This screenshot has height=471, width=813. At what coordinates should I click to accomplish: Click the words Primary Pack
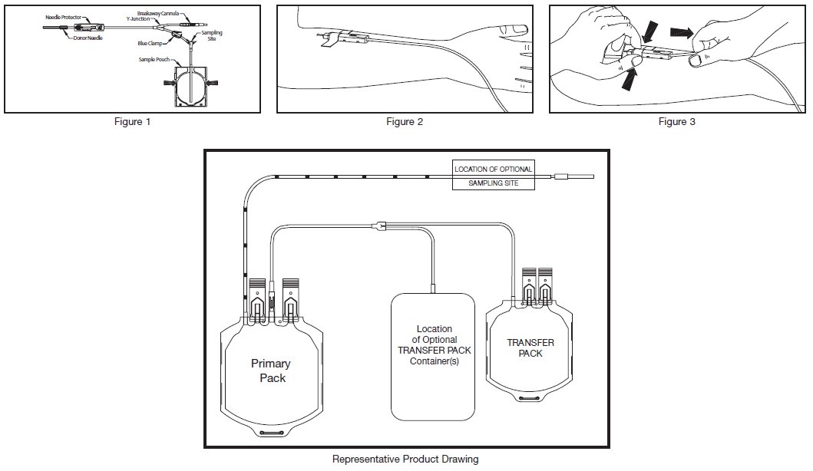(270, 371)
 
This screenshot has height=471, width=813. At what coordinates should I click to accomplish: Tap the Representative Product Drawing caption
(405, 459)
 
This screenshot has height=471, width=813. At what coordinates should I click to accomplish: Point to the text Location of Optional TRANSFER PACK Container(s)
(435, 345)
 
